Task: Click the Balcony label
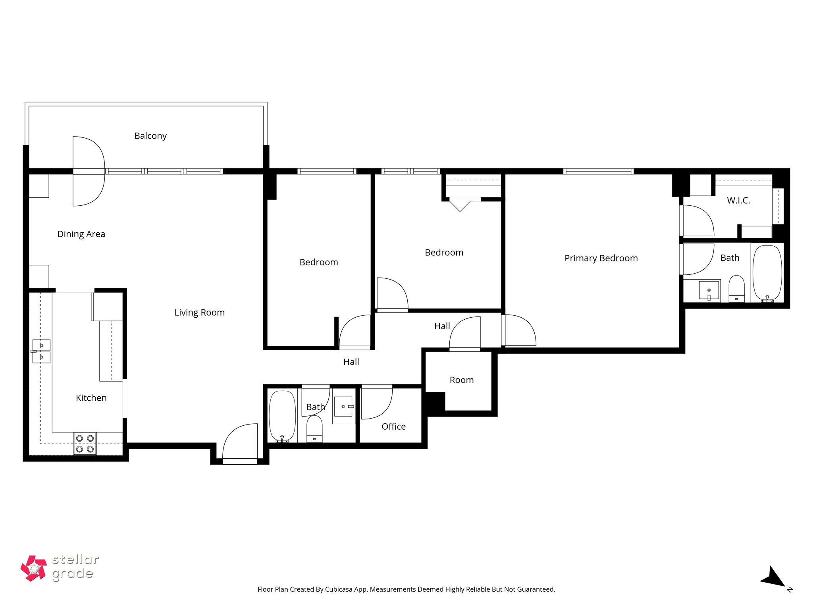(x=150, y=136)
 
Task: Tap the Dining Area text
(x=81, y=234)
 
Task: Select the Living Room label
(x=199, y=313)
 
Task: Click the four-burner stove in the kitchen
(x=85, y=444)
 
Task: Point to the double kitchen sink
(x=41, y=351)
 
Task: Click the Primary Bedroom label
(x=601, y=258)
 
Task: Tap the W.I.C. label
(x=738, y=201)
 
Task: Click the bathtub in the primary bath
(x=767, y=274)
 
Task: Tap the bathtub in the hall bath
(x=282, y=416)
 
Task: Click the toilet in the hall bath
(x=314, y=429)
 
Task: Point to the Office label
(x=393, y=427)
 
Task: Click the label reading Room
(x=461, y=380)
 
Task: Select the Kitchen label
(x=91, y=398)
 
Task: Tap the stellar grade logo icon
(x=33, y=568)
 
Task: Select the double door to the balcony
(x=89, y=171)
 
